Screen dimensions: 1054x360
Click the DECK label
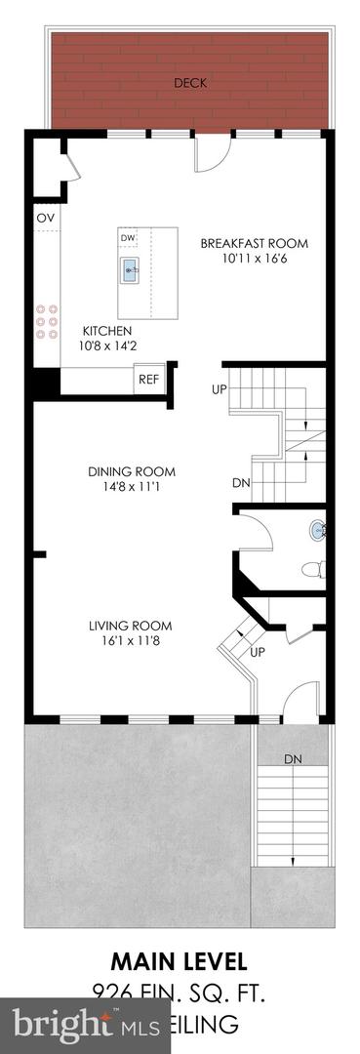pyautogui.click(x=189, y=83)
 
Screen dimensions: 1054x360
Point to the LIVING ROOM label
pyautogui.click(x=130, y=626)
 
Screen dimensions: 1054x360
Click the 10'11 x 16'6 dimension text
pyautogui.click(x=254, y=260)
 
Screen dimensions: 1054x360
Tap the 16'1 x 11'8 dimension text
pyautogui.click(x=130, y=641)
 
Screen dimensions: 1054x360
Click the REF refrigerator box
pyautogui.click(x=148, y=380)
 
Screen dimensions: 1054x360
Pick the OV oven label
pyautogui.click(x=45, y=218)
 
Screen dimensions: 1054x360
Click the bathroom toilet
pyautogui.click(x=312, y=569)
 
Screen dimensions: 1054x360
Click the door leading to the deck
pyautogui.click(x=210, y=153)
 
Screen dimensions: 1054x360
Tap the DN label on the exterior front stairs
pyautogui.click(x=293, y=758)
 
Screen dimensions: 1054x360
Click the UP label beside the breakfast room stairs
pyautogui.click(x=220, y=390)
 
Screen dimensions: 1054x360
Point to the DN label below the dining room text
pyautogui.click(x=241, y=483)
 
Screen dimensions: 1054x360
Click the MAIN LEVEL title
pyautogui.click(x=180, y=959)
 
